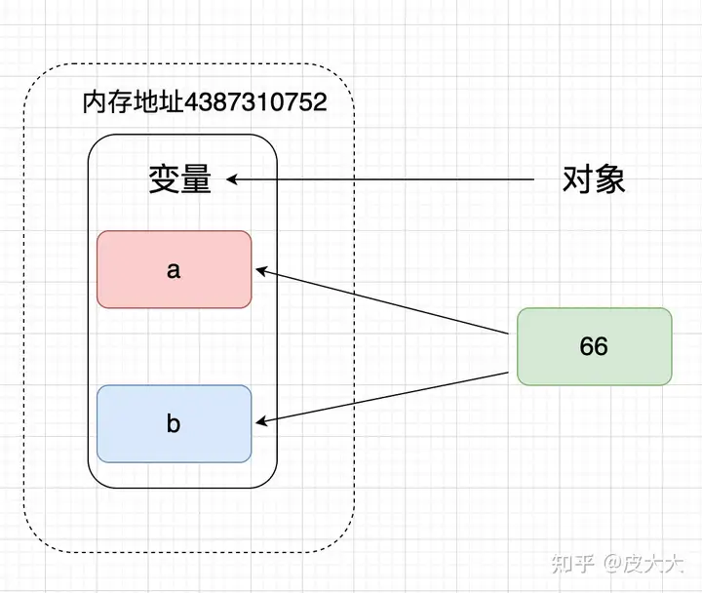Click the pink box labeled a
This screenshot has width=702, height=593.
pos(175,269)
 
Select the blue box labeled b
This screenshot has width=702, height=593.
pos(175,423)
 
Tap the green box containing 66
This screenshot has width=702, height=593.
pos(595,346)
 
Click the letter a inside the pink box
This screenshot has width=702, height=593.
pos(174,270)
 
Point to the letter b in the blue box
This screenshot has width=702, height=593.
pos(174,423)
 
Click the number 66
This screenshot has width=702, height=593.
pos(594,346)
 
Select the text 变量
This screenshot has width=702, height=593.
pos(179,179)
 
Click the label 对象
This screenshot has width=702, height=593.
pos(594,179)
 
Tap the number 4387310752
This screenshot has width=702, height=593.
pos(255,102)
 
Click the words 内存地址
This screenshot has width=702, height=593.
pos(134,102)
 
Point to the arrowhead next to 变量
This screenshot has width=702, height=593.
pos(231,179)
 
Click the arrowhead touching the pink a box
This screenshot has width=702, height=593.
pos(260,270)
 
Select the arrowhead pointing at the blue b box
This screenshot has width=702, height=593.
pos(260,422)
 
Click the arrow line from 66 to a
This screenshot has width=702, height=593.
pos(382,301)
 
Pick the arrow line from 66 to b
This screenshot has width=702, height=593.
pos(382,397)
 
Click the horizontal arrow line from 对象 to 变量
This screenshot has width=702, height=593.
pos(380,179)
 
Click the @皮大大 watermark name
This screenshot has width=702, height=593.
pos(643,563)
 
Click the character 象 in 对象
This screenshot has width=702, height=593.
pos(609,179)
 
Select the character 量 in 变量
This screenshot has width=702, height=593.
pos(196,179)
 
